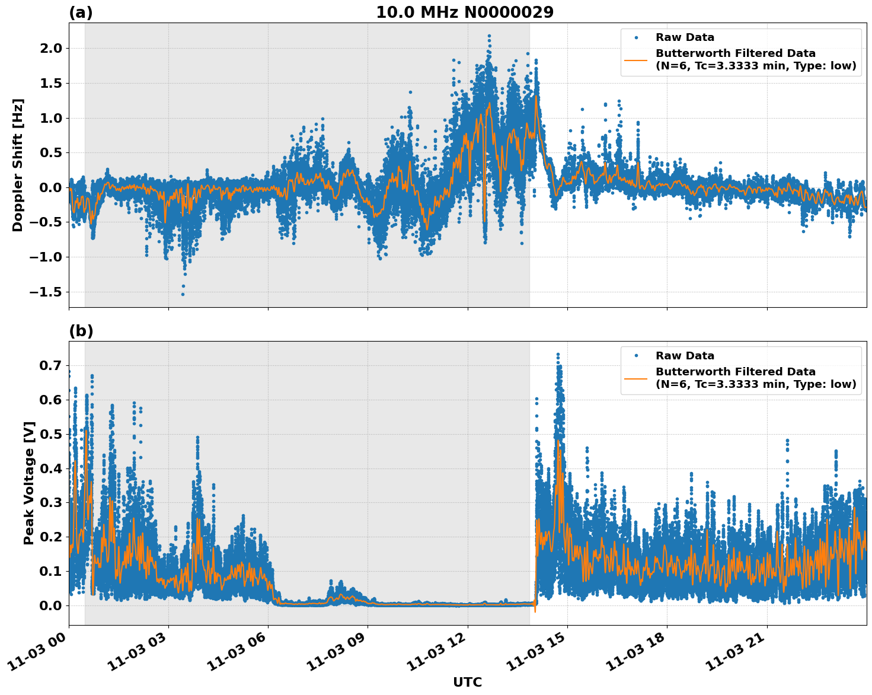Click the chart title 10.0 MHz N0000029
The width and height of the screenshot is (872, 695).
click(x=464, y=12)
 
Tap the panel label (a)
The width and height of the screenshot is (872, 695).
click(x=81, y=12)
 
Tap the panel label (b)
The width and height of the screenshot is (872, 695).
click(x=81, y=331)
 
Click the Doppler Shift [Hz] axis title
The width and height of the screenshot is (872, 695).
click(x=18, y=165)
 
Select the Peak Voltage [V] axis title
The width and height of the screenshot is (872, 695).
click(x=29, y=483)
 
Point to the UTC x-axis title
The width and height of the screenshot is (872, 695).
click(x=467, y=682)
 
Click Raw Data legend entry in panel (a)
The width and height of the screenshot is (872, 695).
click(x=685, y=37)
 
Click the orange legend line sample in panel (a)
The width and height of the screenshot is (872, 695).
click(x=637, y=59)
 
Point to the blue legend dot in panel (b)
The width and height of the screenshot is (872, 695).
click(x=637, y=356)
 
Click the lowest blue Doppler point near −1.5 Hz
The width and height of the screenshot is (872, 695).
click(x=183, y=294)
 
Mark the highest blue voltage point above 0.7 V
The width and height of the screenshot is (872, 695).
click(x=558, y=355)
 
